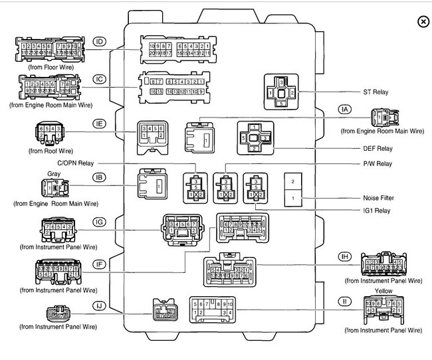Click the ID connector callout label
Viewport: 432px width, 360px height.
pyautogui.click(x=100, y=42)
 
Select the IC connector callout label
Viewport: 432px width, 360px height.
pyautogui.click(x=100, y=79)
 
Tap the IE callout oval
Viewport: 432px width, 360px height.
pyautogui.click(x=100, y=124)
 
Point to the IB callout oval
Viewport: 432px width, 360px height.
pyautogui.click(x=100, y=178)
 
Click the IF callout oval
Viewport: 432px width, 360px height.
pyautogui.click(x=100, y=264)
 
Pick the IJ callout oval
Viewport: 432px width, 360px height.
pyautogui.click(x=100, y=306)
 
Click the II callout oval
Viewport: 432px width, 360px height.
pyautogui.click(x=344, y=300)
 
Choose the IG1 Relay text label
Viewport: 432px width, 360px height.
pyautogui.click(x=377, y=211)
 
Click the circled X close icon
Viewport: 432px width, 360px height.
pyautogui.click(x=422, y=22)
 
